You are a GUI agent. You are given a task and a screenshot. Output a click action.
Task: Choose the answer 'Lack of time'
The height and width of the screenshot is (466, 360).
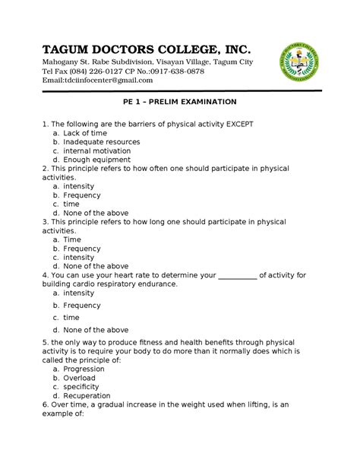[86, 133]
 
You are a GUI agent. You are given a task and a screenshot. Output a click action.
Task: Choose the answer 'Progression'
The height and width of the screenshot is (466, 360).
[87, 369]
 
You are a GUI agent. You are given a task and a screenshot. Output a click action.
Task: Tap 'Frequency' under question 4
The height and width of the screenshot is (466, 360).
[82, 305]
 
